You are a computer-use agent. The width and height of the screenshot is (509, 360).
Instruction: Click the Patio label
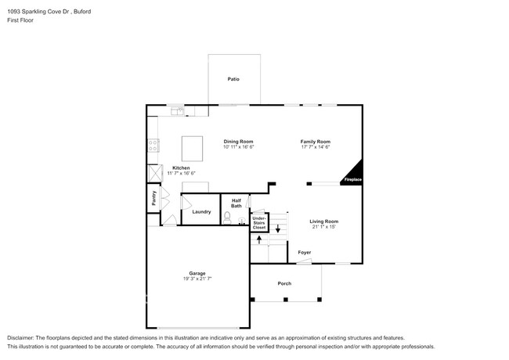[233, 79]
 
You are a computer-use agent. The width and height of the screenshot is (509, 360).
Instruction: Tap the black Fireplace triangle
[354, 174]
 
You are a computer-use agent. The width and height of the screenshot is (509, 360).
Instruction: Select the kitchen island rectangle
[193, 147]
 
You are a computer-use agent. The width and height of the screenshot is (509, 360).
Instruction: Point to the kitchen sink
[179, 111]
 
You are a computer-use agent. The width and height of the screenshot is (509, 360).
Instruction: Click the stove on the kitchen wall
[153, 145]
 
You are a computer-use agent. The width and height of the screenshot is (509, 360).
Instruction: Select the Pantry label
[153, 200]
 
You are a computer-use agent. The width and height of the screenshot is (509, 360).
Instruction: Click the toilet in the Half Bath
[228, 218]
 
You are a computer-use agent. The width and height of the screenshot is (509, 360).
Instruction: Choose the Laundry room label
[201, 212]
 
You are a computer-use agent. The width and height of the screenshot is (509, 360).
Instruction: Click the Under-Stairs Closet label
[258, 223]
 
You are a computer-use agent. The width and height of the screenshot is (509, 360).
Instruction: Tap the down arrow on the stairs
[276, 229]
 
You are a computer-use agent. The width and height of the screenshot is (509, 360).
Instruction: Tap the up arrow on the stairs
[259, 240]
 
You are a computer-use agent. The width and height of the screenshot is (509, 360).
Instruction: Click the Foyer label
[304, 253]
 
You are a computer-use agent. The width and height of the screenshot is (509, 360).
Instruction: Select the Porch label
[285, 284]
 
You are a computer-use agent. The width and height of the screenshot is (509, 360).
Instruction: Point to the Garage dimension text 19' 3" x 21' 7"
[197, 279]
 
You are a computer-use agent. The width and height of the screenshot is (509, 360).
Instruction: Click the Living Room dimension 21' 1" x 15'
[323, 227]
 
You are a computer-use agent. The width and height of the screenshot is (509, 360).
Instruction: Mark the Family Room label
[316, 142]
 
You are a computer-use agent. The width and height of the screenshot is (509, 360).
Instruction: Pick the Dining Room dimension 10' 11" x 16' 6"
[239, 147]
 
